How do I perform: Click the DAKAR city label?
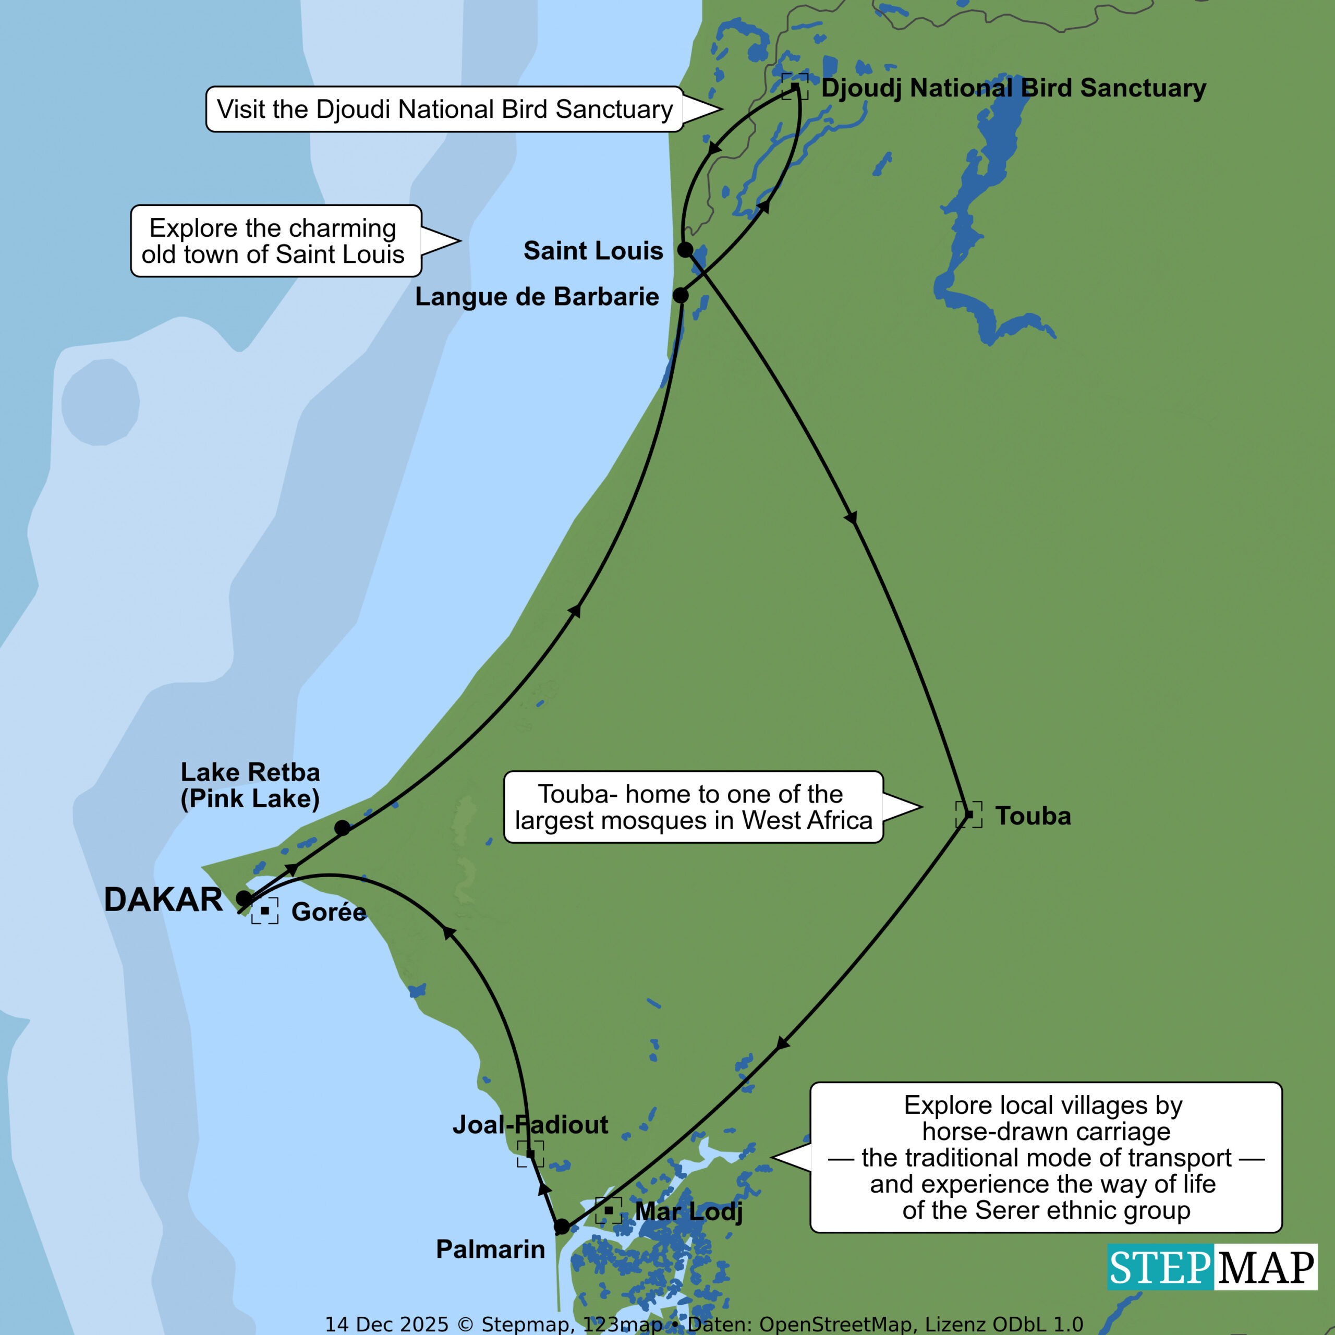click(x=163, y=900)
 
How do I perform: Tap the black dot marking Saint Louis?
click(x=685, y=249)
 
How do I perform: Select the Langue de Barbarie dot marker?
click(x=681, y=296)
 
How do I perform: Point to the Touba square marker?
click(x=969, y=815)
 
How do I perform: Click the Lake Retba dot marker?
click(x=342, y=828)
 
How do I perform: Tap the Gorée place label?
click(x=328, y=912)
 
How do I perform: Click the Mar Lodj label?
click(x=688, y=1211)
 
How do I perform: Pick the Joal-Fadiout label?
click(x=530, y=1125)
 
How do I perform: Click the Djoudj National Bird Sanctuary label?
click(x=1013, y=89)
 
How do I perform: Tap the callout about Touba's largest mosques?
click(x=693, y=807)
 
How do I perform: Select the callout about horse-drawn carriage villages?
click(x=1046, y=1157)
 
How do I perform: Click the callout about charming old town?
click(x=276, y=241)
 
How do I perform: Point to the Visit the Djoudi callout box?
click(x=444, y=109)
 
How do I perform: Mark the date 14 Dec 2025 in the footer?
click(x=386, y=1324)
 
